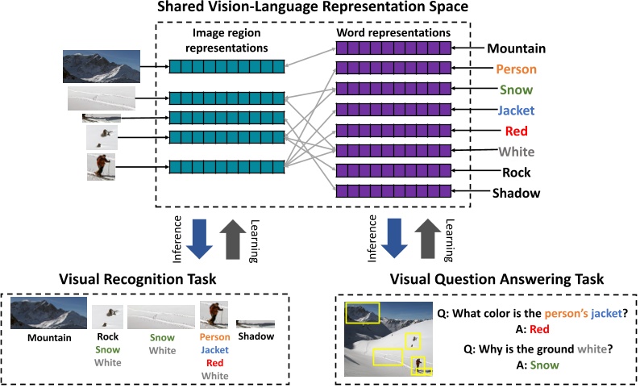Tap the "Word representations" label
click(392, 34)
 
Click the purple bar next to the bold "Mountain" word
click(392, 48)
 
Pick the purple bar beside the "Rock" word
click(392, 172)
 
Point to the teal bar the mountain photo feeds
click(226, 67)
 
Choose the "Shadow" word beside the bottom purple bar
click(516, 193)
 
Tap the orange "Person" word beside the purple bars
click(516, 69)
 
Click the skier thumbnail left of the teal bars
click(101, 167)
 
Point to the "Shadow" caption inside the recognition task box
click(256, 336)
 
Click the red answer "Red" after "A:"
click(539, 328)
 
